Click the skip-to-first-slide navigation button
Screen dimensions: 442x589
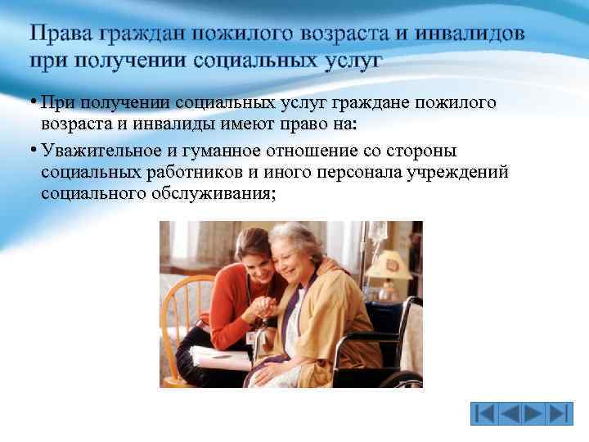tap(485, 413)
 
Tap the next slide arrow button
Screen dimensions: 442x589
tap(533, 413)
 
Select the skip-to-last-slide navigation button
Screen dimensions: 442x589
tap(558, 413)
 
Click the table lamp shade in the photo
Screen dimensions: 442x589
tap(388, 264)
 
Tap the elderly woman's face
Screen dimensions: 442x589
tap(295, 255)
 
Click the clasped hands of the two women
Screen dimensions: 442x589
tap(265, 307)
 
